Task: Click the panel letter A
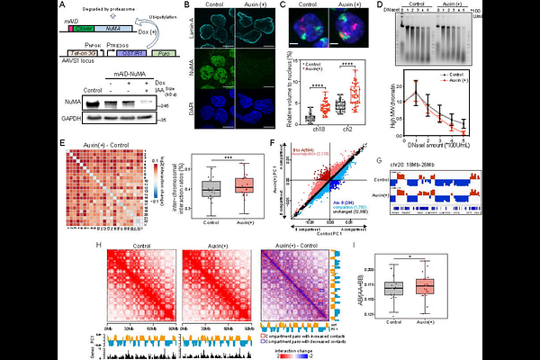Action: click(62, 8)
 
